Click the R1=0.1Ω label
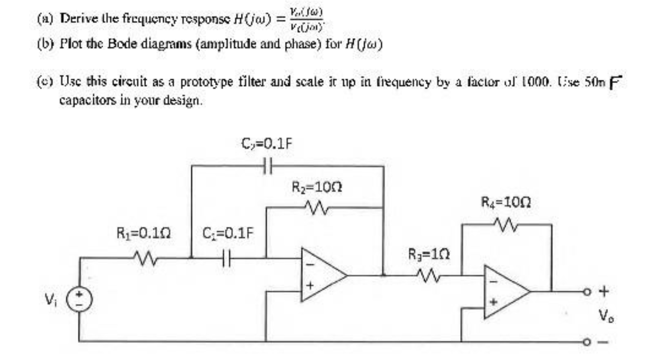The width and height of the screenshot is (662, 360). click(x=144, y=234)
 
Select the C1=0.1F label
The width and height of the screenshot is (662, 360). click(x=228, y=234)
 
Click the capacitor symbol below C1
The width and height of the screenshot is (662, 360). click(x=227, y=258)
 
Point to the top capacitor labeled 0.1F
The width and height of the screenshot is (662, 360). click(x=267, y=165)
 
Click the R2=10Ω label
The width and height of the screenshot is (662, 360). click(x=317, y=187)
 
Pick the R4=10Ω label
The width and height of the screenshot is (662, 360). click(x=506, y=201)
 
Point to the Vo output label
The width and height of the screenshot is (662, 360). click(x=603, y=317)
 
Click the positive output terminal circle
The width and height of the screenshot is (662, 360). click(x=586, y=292)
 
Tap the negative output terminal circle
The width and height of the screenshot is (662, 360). click(x=586, y=342)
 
